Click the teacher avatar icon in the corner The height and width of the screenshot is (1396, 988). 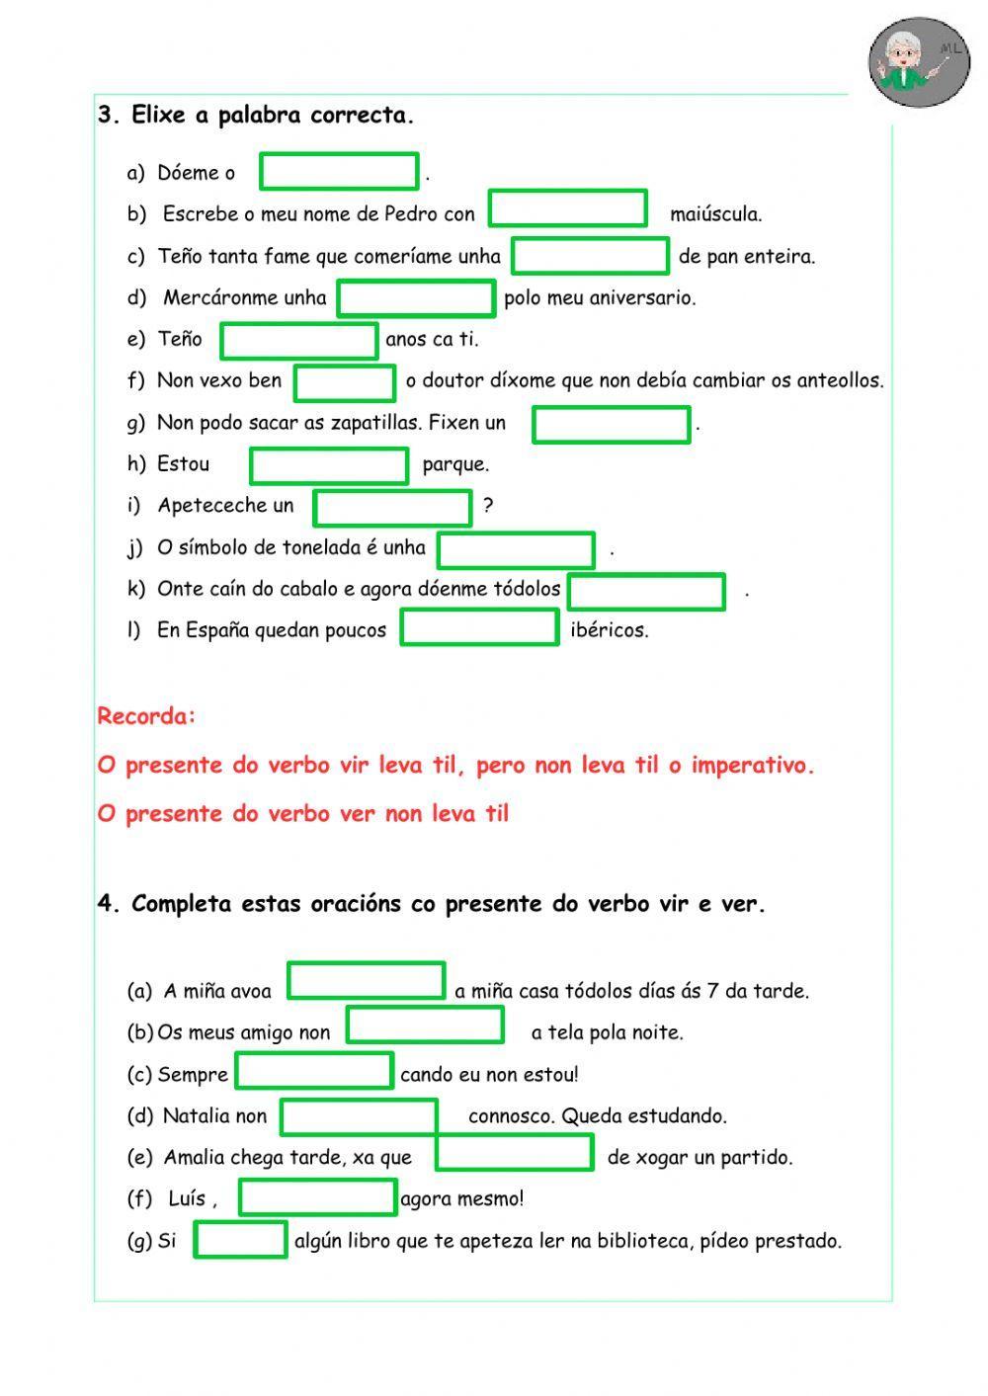920,61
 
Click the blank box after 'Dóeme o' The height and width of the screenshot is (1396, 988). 339,171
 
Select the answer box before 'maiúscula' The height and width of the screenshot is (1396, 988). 568,208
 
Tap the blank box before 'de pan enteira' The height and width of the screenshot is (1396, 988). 590,256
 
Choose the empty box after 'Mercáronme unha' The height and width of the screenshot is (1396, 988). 416,297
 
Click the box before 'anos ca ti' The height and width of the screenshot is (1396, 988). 299,341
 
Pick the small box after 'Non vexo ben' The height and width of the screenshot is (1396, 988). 345,382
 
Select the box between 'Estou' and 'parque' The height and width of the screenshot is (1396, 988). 329,465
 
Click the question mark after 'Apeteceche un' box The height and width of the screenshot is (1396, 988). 488,506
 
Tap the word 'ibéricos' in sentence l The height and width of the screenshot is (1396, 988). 610,630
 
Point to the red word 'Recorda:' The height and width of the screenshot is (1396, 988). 146,716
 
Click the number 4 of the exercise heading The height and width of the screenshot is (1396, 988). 106,904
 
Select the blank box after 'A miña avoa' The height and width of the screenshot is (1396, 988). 367,981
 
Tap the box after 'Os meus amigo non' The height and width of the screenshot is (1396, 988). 425,1025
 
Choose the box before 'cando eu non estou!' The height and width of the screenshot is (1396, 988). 314,1070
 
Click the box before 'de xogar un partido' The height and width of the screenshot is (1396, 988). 515,1153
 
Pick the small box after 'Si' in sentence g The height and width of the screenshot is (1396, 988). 240,1240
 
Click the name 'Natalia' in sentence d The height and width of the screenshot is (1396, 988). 195,1116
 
